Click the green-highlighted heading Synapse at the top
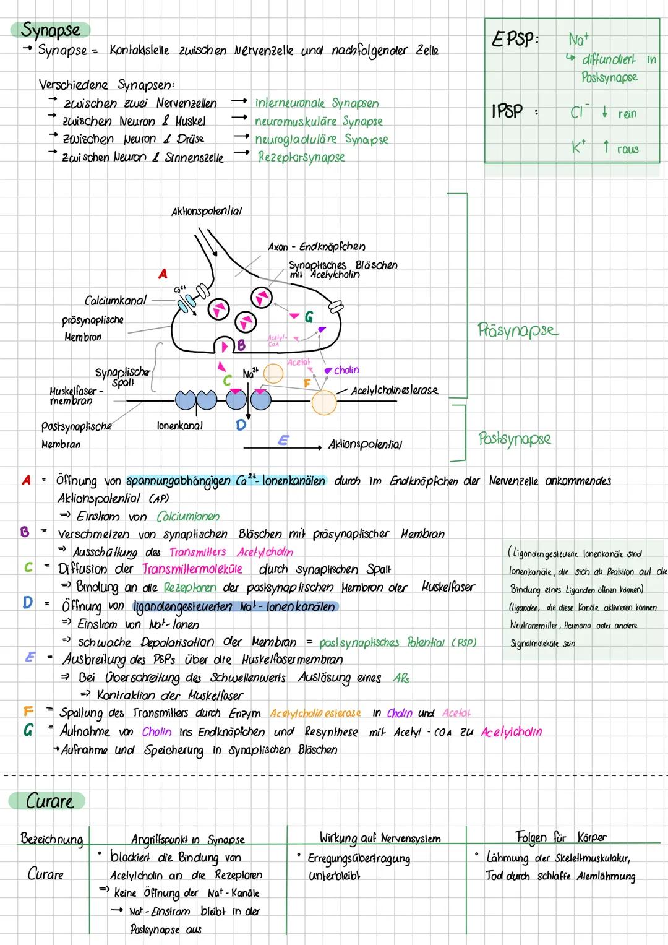click(51, 30)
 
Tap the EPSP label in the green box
click(514, 40)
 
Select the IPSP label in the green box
click(507, 111)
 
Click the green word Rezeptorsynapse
click(301, 157)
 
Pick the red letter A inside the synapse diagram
click(163, 274)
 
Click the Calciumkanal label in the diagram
click(116, 301)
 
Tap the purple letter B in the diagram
click(241, 345)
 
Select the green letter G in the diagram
click(308, 317)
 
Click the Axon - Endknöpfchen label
click(316, 247)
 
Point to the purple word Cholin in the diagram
click(346, 370)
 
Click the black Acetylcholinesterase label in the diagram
click(395, 391)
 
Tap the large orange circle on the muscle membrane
click(323, 402)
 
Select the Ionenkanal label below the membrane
click(180, 426)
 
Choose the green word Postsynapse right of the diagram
click(514, 439)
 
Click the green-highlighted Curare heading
click(49, 801)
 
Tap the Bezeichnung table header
click(51, 839)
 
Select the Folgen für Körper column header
click(561, 837)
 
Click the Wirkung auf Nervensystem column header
click(380, 839)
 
